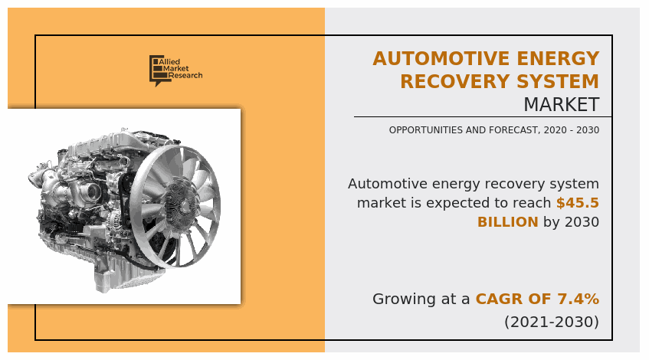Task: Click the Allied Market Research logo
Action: pos(175,70)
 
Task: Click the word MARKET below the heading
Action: pos(561,104)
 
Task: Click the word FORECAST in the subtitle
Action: pos(514,130)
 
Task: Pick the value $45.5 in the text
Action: pos(578,203)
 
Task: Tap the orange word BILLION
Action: pos(507,222)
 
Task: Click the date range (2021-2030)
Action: pos(552,322)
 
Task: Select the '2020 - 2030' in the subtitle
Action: pos(571,130)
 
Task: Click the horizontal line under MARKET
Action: pos(483,116)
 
